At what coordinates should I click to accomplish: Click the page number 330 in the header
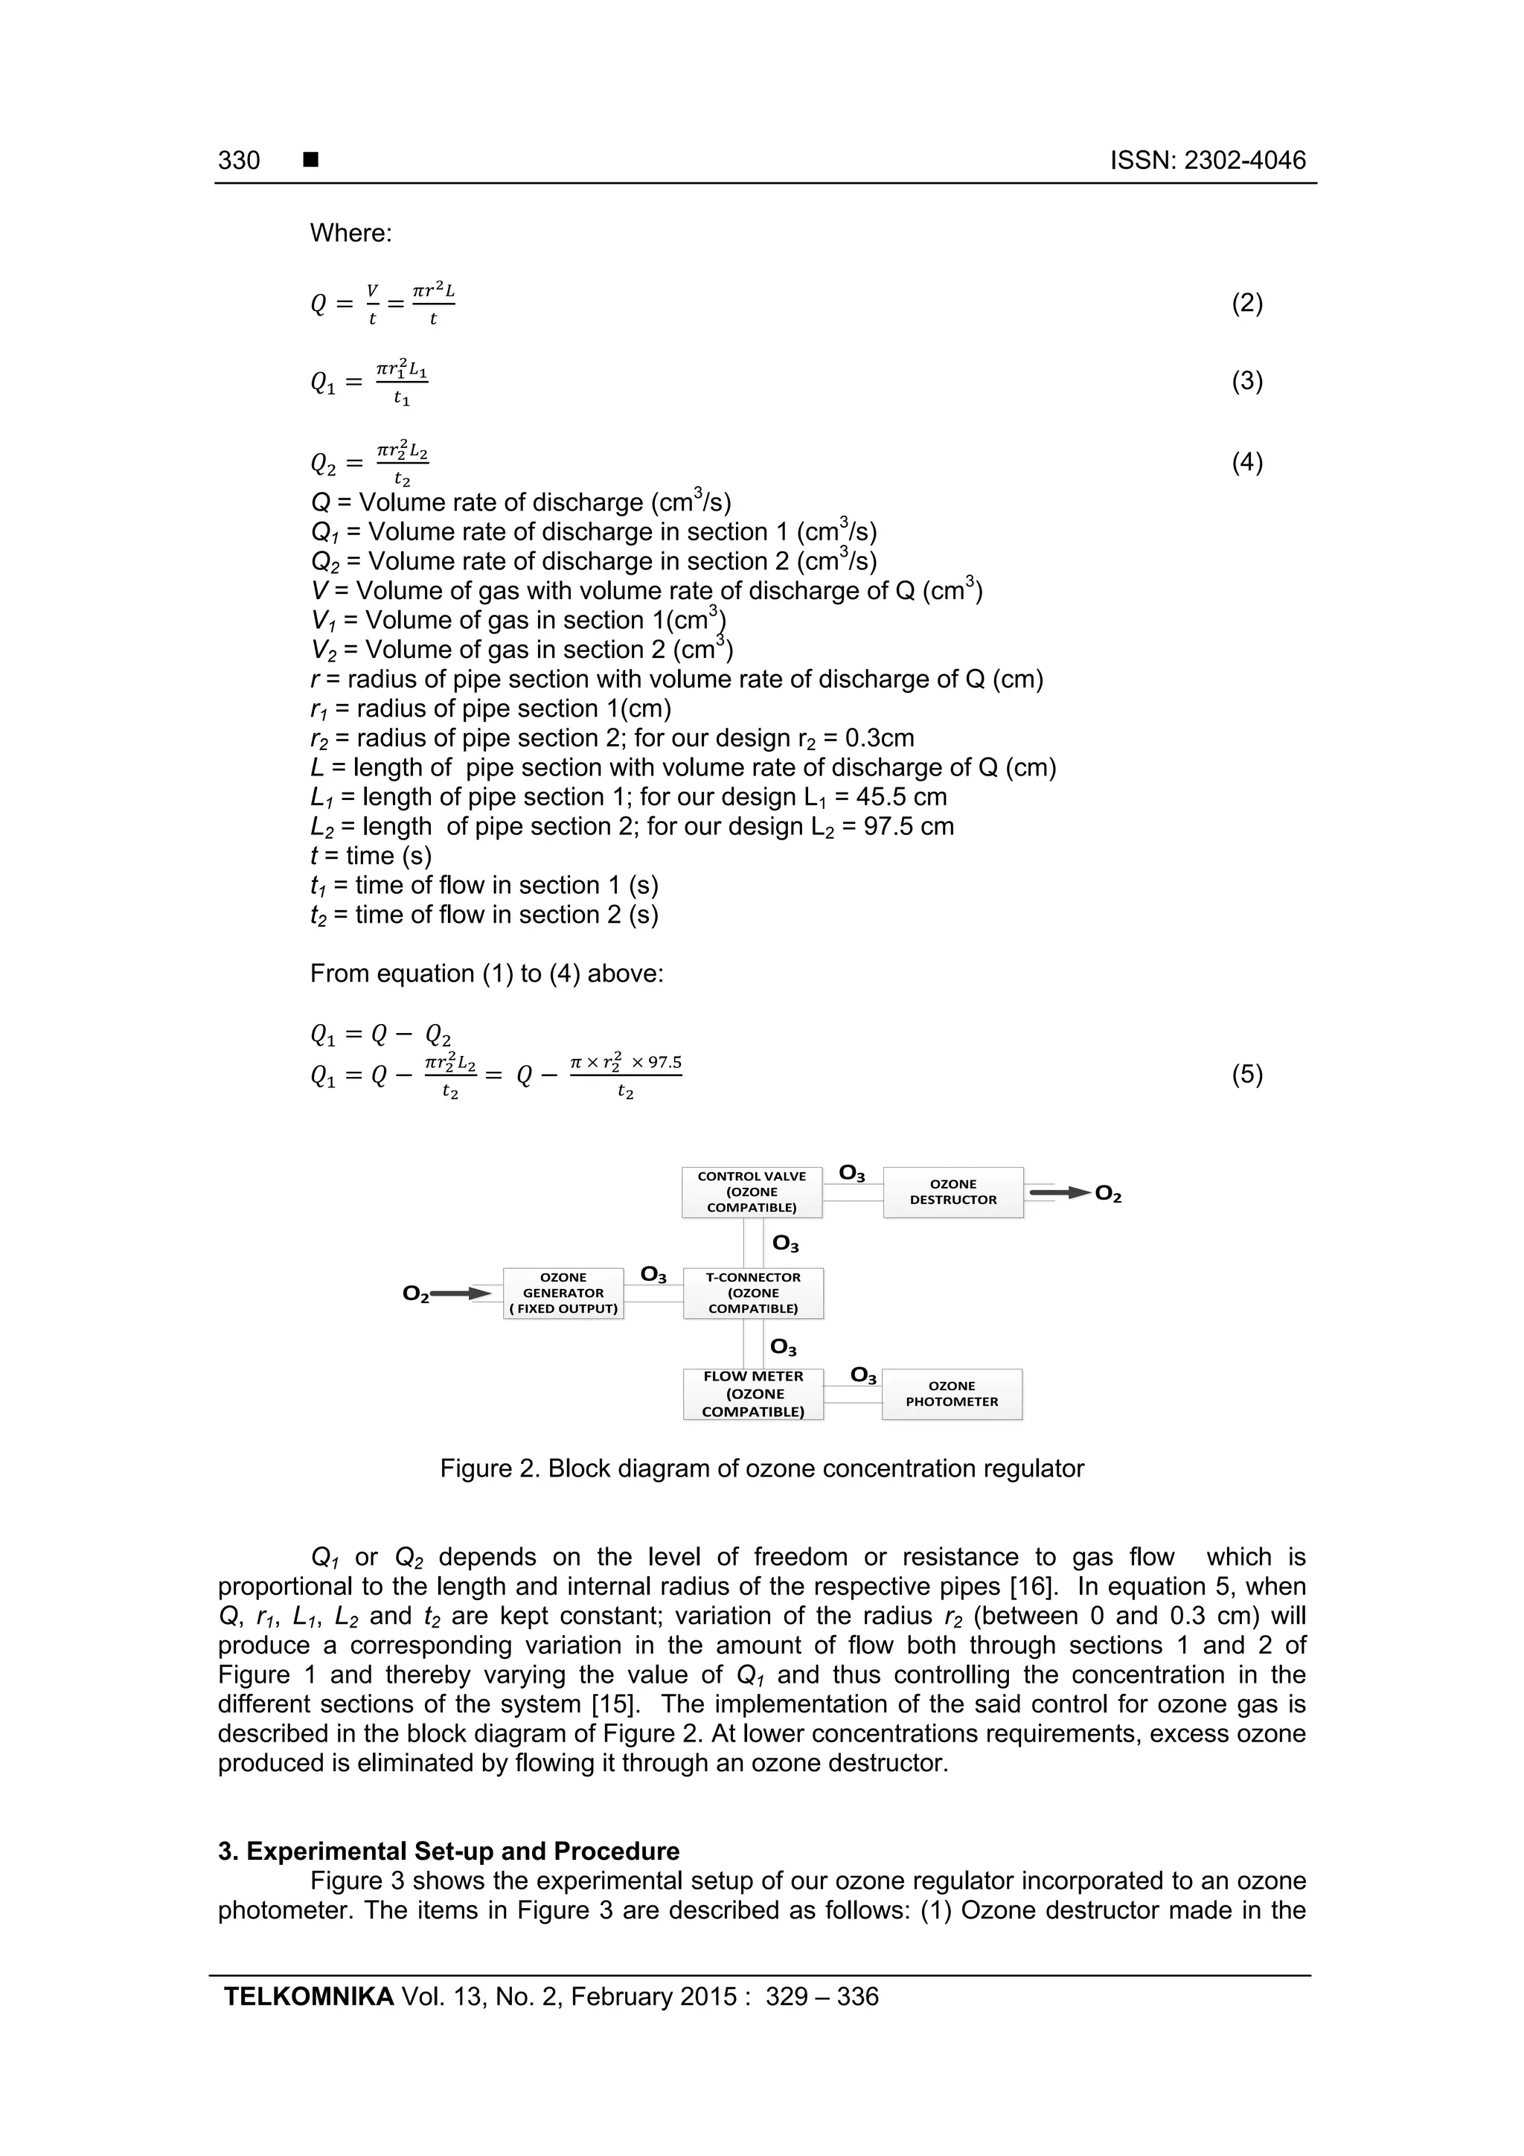point(239,161)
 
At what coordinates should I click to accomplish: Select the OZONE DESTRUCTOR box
point(952,1191)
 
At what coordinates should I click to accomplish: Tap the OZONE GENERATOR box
point(563,1293)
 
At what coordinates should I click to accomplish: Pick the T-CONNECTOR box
point(753,1293)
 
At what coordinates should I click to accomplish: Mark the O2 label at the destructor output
point(1108,1194)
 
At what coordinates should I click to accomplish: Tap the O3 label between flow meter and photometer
point(863,1375)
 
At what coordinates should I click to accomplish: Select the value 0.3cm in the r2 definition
point(879,738)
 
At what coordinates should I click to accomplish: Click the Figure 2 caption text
point(761,1468)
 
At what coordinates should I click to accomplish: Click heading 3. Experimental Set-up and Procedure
point(449,1852)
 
